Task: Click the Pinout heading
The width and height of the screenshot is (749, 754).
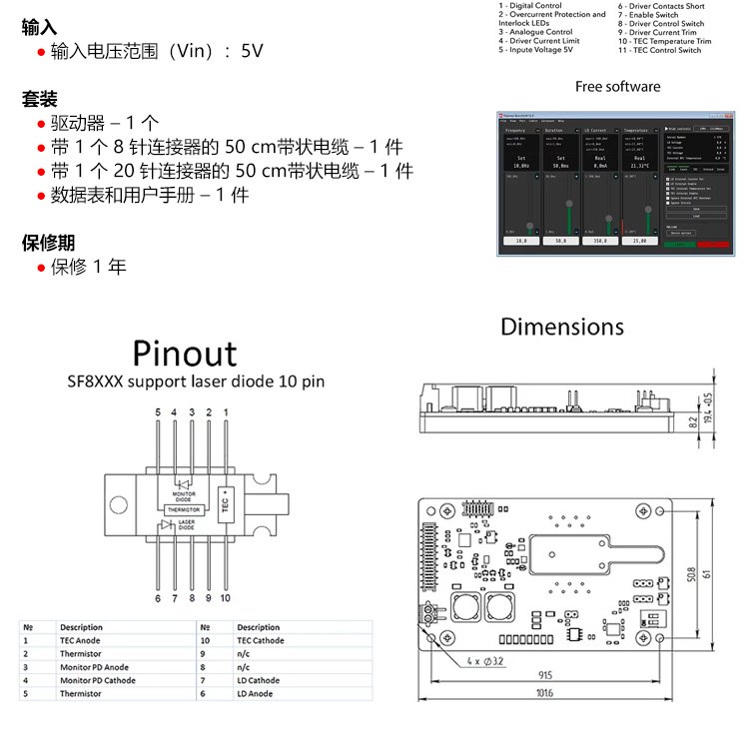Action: point(185,355)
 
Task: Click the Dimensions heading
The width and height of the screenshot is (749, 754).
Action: point(561,327)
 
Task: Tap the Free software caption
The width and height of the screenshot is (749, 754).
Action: point(617,87)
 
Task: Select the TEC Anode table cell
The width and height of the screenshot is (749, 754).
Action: point(82,641)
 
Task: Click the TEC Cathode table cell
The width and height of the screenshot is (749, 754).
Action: point(260,641)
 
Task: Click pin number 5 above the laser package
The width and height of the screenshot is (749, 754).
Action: point(157,411)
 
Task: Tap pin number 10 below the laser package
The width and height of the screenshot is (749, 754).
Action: point(225,598)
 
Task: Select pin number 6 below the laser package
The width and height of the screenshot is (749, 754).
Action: point(157,598)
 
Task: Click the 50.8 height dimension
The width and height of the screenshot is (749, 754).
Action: point(690,575)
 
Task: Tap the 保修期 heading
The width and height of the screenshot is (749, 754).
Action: point(47,243)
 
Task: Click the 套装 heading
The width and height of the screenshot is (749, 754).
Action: point(39,100)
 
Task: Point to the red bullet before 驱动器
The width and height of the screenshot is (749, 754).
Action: point(41,125)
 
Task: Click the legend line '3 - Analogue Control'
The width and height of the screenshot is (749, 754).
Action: point(536,32)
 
